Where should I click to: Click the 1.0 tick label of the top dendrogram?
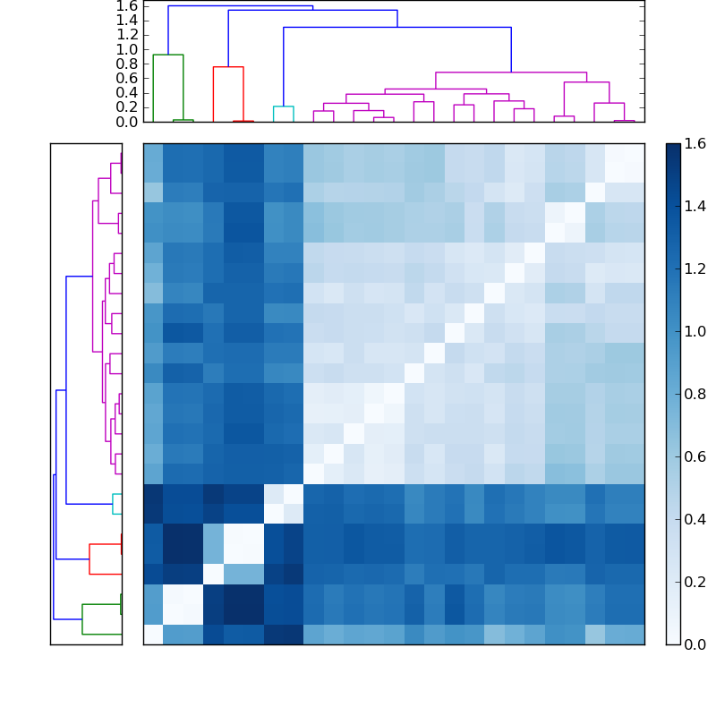(126, 49)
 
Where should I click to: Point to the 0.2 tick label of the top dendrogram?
(126, 107)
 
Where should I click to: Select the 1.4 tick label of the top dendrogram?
(126, 20)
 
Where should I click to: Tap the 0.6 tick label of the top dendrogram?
(126, 78)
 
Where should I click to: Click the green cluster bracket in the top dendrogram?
(167, 55)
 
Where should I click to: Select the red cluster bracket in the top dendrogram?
(227, 67)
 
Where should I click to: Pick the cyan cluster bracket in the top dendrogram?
(284, 107)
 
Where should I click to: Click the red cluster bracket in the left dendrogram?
(89, 558)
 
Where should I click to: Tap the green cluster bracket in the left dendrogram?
(82, 618)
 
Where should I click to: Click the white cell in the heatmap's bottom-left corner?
(153, 635)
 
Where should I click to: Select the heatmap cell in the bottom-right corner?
(634, 635)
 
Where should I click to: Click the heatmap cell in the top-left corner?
(153, 153)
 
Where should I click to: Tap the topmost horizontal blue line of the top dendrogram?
(240, 6)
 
